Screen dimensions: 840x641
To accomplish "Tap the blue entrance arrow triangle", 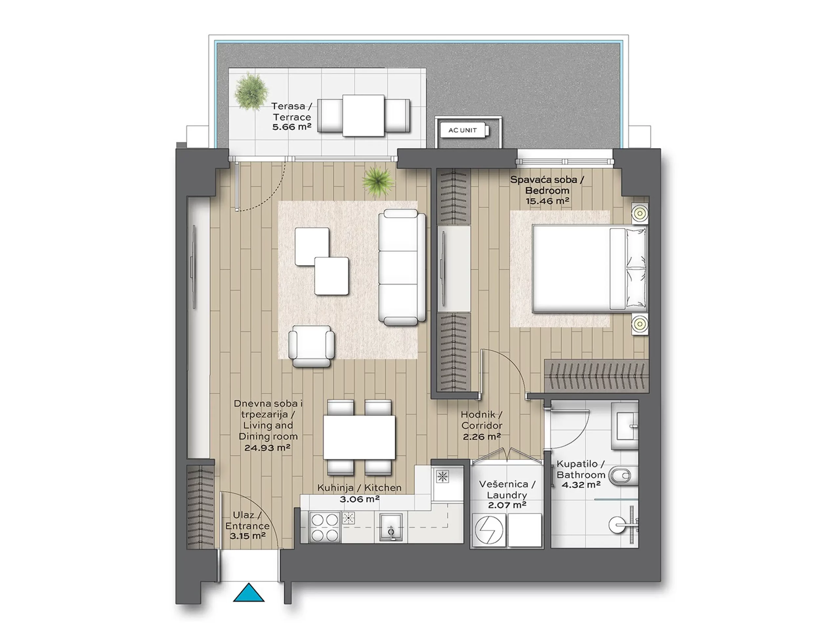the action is coord(249,592).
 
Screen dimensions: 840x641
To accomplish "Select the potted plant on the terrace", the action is coord(251,91).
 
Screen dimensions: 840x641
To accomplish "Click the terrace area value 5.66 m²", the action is coord(291,127).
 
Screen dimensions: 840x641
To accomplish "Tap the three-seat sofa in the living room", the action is coord(402,267).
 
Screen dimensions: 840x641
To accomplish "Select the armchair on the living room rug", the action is coord(311,346).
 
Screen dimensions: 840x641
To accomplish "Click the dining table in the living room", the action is coord(359,437).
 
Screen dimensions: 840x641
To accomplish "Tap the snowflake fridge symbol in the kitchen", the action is coord(442,476).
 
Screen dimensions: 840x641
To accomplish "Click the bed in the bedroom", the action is coord(589,269).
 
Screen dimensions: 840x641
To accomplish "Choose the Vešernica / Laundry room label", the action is coord(507,490).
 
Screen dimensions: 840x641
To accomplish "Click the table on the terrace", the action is coord(363,116).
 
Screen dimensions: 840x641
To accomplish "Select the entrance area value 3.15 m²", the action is coord(247,536).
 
